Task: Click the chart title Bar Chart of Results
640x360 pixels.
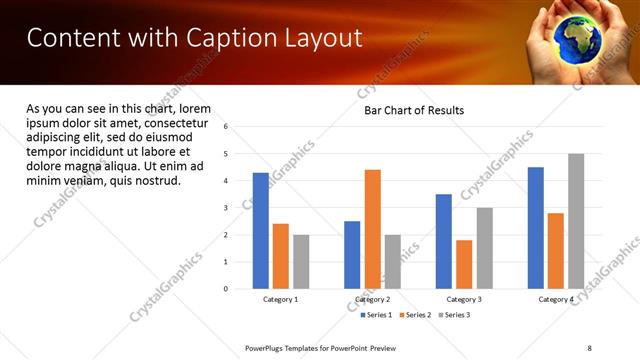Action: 413,110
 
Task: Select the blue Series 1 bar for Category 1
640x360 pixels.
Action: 260,231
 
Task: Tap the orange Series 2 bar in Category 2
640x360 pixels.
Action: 372,229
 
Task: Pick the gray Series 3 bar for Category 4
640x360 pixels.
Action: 576,221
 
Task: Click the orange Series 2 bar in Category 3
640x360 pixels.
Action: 464,264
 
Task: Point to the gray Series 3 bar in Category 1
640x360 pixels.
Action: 301,262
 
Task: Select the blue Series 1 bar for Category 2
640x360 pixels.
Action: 352,255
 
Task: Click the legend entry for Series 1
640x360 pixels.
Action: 377,315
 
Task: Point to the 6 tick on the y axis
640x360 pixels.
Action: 226,127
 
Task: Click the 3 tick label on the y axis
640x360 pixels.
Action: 226,208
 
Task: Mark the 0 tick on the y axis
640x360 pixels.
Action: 226,289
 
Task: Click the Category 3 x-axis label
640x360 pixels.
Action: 463,300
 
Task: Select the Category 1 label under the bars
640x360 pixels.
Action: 280,300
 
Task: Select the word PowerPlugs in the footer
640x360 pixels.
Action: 267,347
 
